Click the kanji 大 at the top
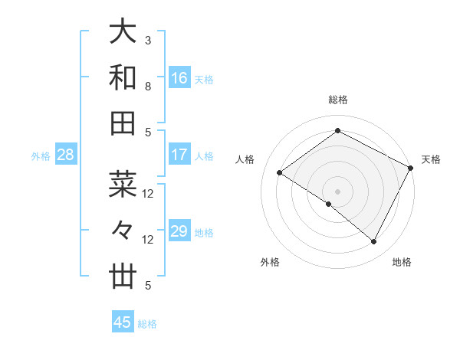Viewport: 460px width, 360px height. pyautogui.click(x=123, y=31)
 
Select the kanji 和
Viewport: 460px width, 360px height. pyautogui.click(x=123, y=77)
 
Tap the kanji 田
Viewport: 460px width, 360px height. pyautogui.click(x=123, y=123)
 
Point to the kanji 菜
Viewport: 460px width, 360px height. pyautogui.click(x=123, y=185)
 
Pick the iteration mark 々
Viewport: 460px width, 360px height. pyautogui.click(x=123, y=231)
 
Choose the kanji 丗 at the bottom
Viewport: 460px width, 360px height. pyautogui.click(x=123, y=277)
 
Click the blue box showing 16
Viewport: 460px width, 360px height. pyautogui.click(x=179, y=78)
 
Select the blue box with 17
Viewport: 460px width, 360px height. pyautogui.click(x=179, y=155)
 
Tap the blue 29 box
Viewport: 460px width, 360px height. pyautogui.click(x=179, y=231)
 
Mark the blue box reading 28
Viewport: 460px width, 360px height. pyautogui.click(x=65, y=155)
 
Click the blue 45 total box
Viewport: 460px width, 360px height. pyautogui.click(x=123, y=322)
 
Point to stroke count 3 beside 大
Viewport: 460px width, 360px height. pyautogui.click(x=148, y=40)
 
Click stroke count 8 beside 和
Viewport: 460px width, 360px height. pyautogui.click(x=148, y=86)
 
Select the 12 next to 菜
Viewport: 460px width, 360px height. pyautogui.click(x=148, y=193)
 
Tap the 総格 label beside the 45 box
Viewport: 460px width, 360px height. pyautogui.click(x=147, y=324)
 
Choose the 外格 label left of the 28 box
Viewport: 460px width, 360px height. pyautogui.click(x=41, y=156)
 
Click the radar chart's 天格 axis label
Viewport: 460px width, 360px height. pyautogui.click(x=431, y=159)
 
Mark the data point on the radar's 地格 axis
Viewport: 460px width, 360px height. pyautogui.click(x=374, y=242)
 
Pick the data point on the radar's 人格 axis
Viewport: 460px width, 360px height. pyautogui.click(x=280, y=173)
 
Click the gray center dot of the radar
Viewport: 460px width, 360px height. pyautogui.click(x=337, y=191)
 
